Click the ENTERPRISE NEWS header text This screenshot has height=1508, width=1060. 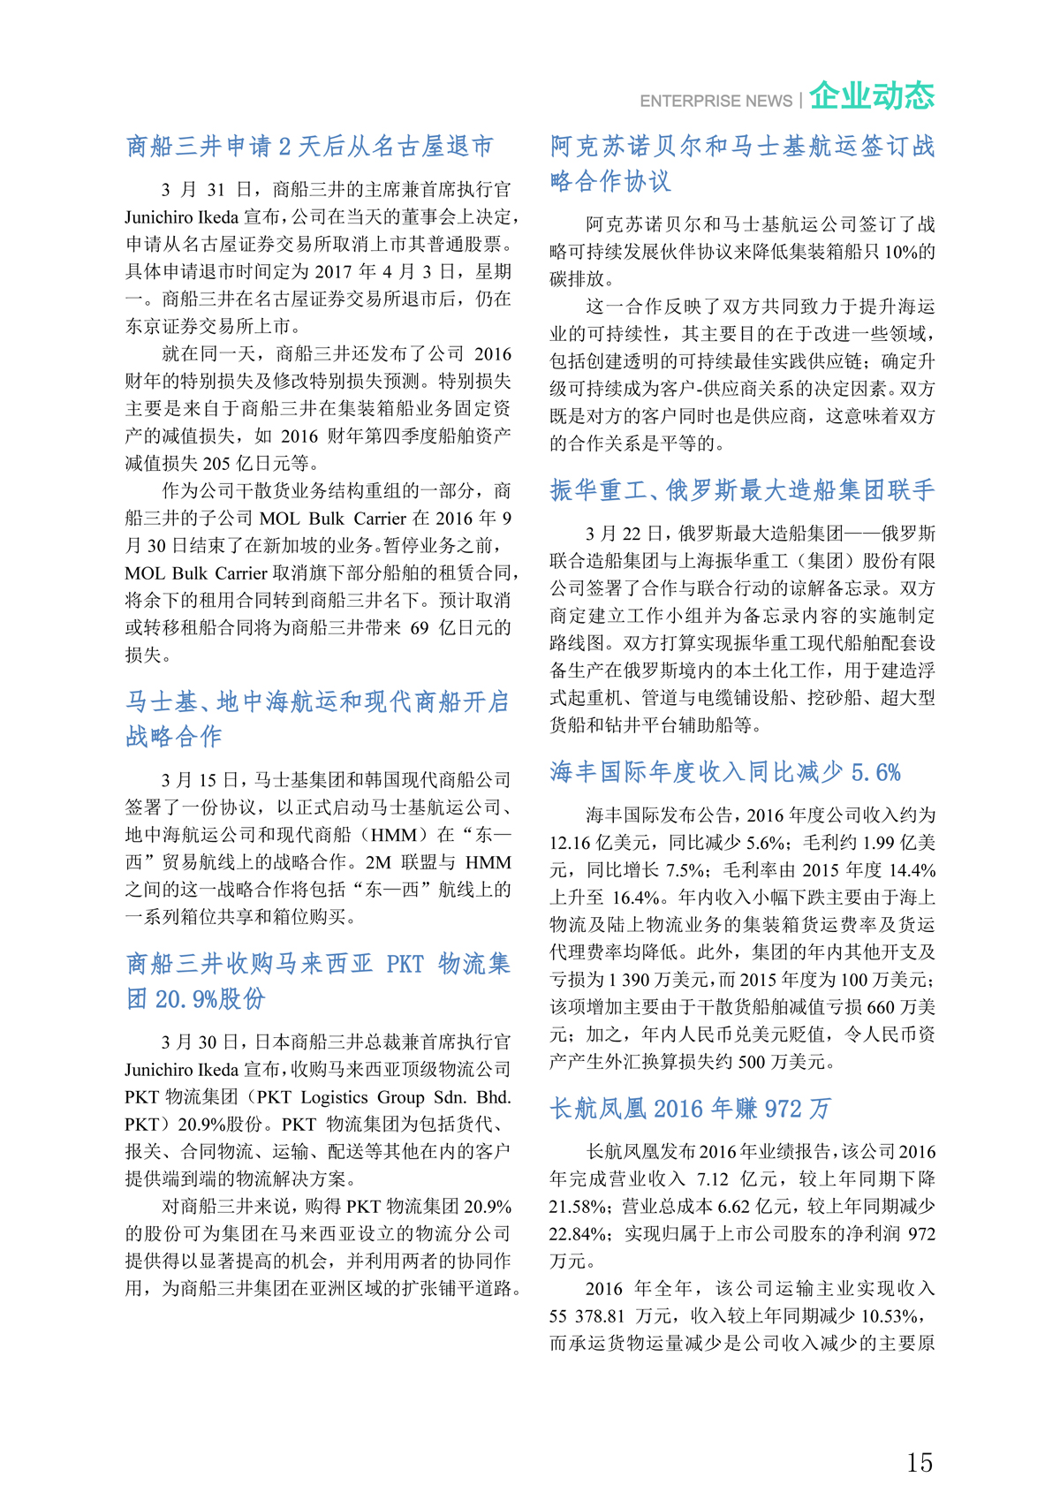click(715, 102)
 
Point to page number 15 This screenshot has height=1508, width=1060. click(919, 1462)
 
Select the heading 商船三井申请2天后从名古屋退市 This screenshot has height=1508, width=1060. click(309, 146)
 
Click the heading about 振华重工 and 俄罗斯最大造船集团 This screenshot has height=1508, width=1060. click(742, 490)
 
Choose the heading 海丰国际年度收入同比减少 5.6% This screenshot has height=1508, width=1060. click(725, 772)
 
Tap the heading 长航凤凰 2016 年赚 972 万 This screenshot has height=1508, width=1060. click(690, 1108)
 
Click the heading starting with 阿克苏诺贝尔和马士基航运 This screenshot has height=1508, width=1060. click(742, 163)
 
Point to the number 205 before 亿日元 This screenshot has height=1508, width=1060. click(216, 463)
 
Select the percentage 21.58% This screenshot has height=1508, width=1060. click(579, 1206)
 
